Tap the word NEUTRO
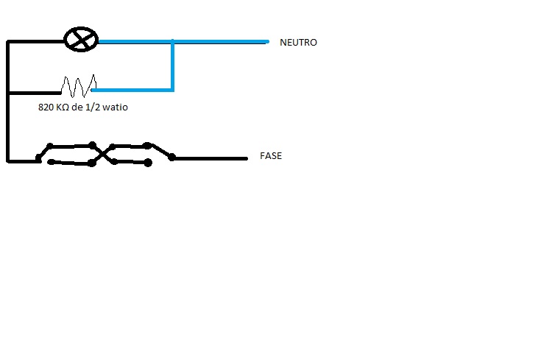pyautogui.click(x=298, y=43)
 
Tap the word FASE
pyautogui.click(x=271, y=156)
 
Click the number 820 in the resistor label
pyautogui.click(x=46, y=107)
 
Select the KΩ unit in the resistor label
pyautogui.click(x=63, y=107)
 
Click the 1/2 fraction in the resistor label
pyautogui.click(x=98, y=107)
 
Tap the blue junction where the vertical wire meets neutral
pyautogui.click(x=172, y=42)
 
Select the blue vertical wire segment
pyautogui.click(x=172, y=66)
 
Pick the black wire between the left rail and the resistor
pyautogui.click(x=33, y=93)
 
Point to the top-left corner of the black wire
pyautogui.click(x=8, y=42)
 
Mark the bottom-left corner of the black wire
pyautogui.click(x=8, y=159)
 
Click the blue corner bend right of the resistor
pyautogui.click(x=172, y=91)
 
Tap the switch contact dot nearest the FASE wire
pyautogui.click(x=172, y=156)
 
